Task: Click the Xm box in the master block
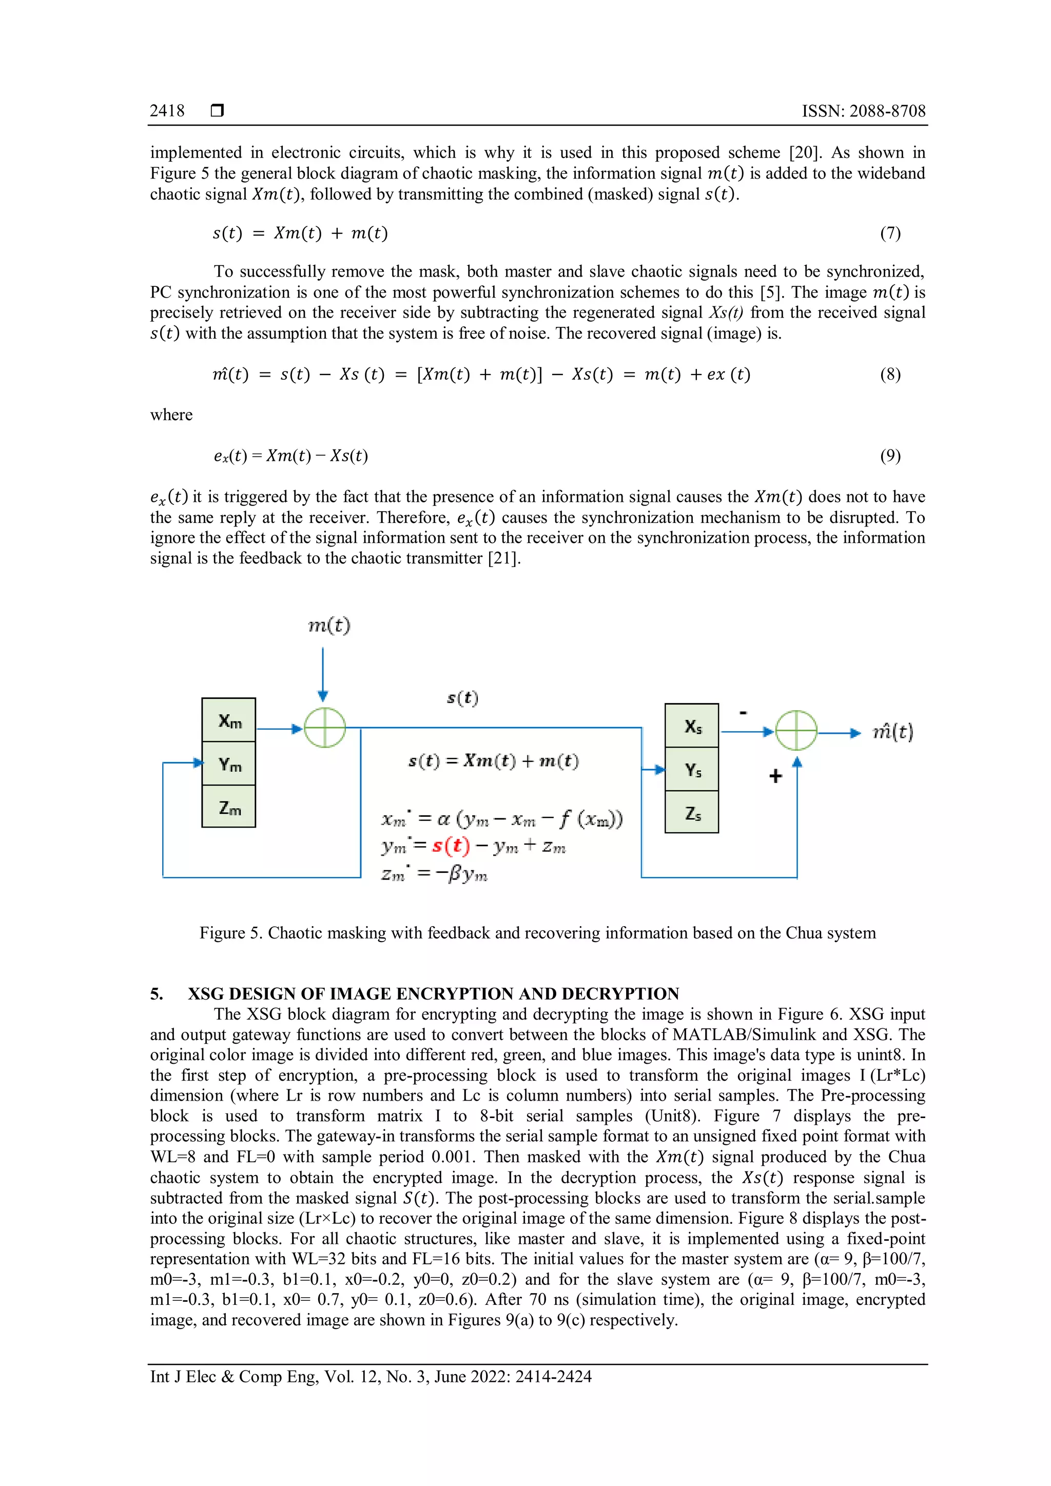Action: tap(228, 720)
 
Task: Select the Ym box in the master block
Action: tap(229, 764)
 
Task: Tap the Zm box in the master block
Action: tap(229, 807)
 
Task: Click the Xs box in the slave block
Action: tap(692, 726)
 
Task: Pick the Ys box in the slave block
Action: tap(692, 770)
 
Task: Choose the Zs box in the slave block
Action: tap(692, 812)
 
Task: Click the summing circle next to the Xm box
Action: tap(325, 728)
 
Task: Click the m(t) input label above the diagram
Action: tap(329, 625)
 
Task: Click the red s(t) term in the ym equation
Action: tap(451, 845)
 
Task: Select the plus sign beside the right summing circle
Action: tap(775, 776)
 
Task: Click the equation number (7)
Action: tap(890, 233)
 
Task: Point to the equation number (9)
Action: tap(890, 456)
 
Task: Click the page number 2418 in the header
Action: tap(167, 111)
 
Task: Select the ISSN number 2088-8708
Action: tap(887, 111)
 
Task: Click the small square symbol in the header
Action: tap(218, 111)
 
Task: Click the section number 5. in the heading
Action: tap(157, 993)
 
